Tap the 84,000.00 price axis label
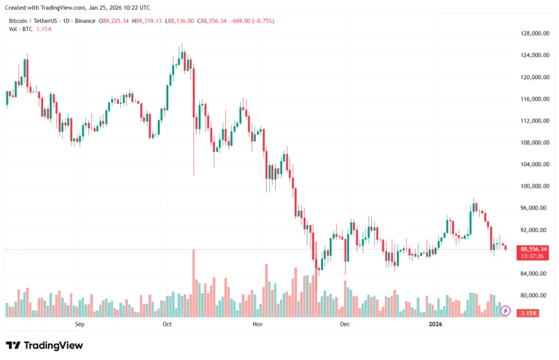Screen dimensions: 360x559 [x=535, y=274]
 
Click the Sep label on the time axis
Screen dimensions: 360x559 [x=80, y=324]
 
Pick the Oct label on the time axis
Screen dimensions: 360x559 [x=167, y=324]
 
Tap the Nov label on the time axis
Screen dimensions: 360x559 [x=258, y=324]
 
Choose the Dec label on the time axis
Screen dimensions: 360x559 [x=345, y=324]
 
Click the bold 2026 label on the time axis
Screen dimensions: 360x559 [x=435, y=324]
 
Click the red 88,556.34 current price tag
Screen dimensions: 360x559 [x=533, y=249]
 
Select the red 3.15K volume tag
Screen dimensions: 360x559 [x=528, y=313]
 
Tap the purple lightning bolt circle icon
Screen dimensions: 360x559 [x=506, y=311]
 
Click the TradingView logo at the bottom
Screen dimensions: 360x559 [x=44, y=346]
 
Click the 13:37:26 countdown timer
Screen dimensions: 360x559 [x=533, y=256]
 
